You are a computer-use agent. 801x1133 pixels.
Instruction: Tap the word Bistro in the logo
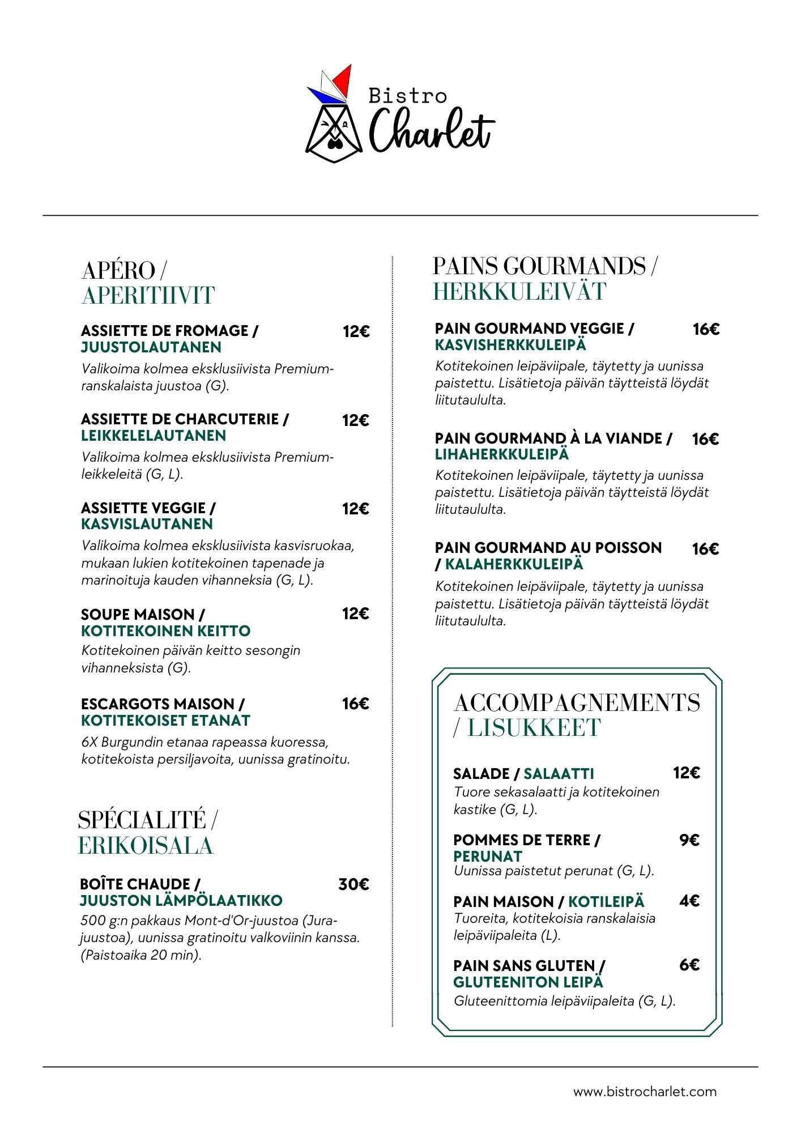[x=407, y=96]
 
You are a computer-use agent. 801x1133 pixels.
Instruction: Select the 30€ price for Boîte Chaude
[x=353, y=884]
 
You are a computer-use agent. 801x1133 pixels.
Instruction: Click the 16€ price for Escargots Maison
[x=355, y=704]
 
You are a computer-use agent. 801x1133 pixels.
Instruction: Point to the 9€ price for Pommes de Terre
[x=689, y=840]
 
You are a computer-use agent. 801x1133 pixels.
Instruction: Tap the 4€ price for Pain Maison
[x=689, y=901]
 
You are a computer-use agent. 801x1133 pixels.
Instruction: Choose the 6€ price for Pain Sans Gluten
[x=689, y=965]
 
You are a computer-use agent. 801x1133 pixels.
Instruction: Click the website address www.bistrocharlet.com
[x=645, y=1092]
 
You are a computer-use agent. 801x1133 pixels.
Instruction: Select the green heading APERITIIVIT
[x=148, y=296]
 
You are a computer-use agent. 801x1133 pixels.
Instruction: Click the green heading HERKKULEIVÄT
[x=519, y=292]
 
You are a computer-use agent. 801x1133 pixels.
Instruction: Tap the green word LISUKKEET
[x=534, y=728]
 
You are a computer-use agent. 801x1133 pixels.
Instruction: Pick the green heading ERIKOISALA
[x=146, y=846]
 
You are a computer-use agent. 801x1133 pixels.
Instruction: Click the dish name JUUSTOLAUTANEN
[x=151, y=347]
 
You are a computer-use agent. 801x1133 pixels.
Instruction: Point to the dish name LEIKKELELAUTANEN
[x=154, y=436]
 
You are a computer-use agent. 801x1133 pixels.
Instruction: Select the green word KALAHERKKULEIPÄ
[x=514, y=564]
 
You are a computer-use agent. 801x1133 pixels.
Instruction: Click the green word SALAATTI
[x=559, y=774]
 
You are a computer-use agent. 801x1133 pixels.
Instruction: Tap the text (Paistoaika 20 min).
[x=141, y=955]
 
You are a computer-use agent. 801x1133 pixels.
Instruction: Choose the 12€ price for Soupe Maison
[x=355, y=614]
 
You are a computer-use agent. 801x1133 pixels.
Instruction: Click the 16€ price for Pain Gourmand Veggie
[x=706, y=329]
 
